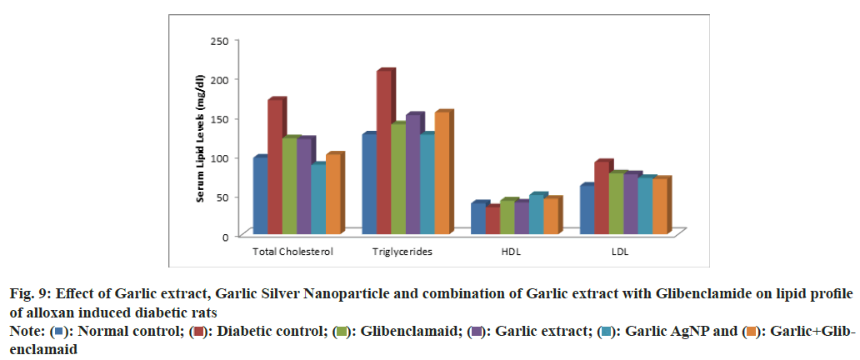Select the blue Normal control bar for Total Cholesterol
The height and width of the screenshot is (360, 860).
(x=260, y=195)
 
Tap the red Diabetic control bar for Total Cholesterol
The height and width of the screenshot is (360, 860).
(x=275, y=167)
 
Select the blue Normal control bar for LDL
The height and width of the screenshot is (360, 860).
(x=587, y=210)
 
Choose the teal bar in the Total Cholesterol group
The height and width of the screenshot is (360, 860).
(x=318, y=199)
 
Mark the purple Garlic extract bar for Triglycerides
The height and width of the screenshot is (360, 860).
(x=412, y=174)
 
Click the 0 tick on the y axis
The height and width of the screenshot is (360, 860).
(x=224, y=237)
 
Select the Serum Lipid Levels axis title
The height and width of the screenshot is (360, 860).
(x=201, y=138)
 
